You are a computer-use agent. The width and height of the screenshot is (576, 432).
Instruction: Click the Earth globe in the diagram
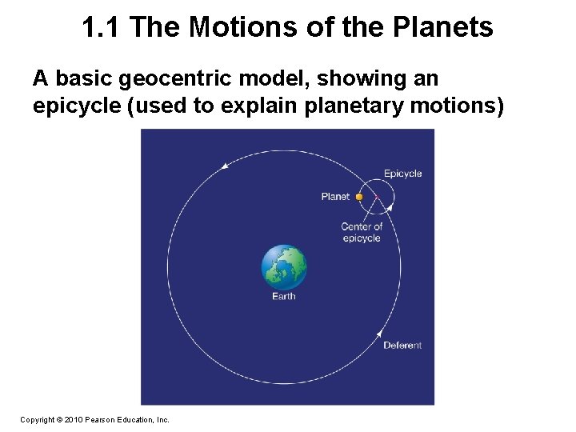click(284, 267)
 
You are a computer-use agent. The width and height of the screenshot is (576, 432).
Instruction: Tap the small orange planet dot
click(359, 197)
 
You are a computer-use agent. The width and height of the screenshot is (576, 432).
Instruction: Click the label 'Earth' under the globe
click(283, 296)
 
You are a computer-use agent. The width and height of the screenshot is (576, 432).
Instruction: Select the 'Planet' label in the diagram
click(335, 197)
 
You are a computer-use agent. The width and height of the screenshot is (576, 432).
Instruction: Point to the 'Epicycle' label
click(402, 174)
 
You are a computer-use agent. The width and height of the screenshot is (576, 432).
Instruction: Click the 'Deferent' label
click(402, 346)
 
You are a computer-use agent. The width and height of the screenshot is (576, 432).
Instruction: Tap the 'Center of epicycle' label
click(362, 232)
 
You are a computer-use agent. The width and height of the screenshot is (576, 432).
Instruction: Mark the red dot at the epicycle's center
click(376, 197)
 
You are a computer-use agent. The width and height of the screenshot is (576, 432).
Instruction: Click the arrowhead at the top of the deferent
click(226, 166)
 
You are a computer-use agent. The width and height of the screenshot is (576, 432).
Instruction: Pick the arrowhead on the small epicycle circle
click(390, 208)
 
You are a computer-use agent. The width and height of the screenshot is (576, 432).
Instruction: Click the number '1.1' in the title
click(102, 28)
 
